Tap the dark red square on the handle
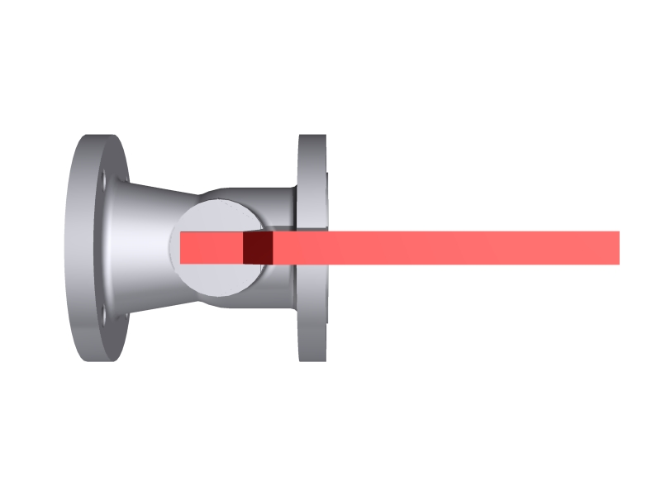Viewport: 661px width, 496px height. (x=258, y=248)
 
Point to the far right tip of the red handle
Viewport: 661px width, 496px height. (x=616, y=248)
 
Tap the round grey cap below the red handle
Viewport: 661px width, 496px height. (x=219, y=279)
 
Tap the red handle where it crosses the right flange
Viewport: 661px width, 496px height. (x=312, y=248)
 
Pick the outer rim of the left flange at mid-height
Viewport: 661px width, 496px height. (x=76, y=248)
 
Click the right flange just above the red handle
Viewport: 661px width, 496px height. (x=312, y=211)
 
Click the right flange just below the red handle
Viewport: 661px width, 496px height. (x=312, y=285)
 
